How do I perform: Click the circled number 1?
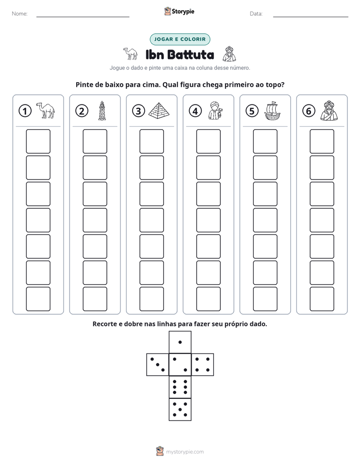point(25,111)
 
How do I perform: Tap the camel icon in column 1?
point(45,110)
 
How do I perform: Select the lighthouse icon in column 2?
point(102,110)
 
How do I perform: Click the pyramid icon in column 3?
point(159,110)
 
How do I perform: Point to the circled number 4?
point(195,111)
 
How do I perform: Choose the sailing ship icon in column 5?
point(272,111)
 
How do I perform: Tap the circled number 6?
point(309,111)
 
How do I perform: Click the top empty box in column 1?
point(38,141)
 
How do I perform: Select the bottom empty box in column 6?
point(322,299)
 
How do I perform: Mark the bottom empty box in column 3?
point(152,299)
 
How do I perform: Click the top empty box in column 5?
point(265,141)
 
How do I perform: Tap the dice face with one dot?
point(180,342)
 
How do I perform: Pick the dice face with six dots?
point(180,387)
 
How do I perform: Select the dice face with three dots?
point(158,364)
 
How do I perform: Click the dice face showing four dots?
point(203,364)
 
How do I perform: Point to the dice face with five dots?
point(180,410)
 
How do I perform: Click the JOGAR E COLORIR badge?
point(180,39)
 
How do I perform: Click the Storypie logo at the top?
point(179,11)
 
